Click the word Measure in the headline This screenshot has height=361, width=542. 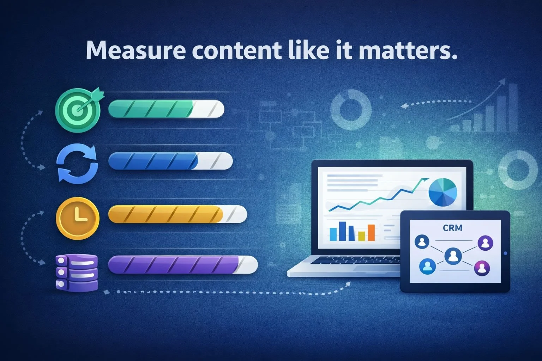point(135,50)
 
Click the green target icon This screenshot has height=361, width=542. point(77,110)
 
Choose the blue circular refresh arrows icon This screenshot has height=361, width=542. point(77,164)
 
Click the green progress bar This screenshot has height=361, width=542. point(166,109)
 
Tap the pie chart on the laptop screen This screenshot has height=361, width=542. point(442,192)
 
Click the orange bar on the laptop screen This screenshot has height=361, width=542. point(371,232)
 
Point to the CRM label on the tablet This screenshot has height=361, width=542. point(452,228)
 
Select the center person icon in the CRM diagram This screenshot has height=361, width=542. point(452,255)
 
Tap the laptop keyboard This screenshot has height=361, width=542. point(356,261)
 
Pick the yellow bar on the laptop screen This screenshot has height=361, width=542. point(361,235)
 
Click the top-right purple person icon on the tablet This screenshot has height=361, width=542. point(485,243)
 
